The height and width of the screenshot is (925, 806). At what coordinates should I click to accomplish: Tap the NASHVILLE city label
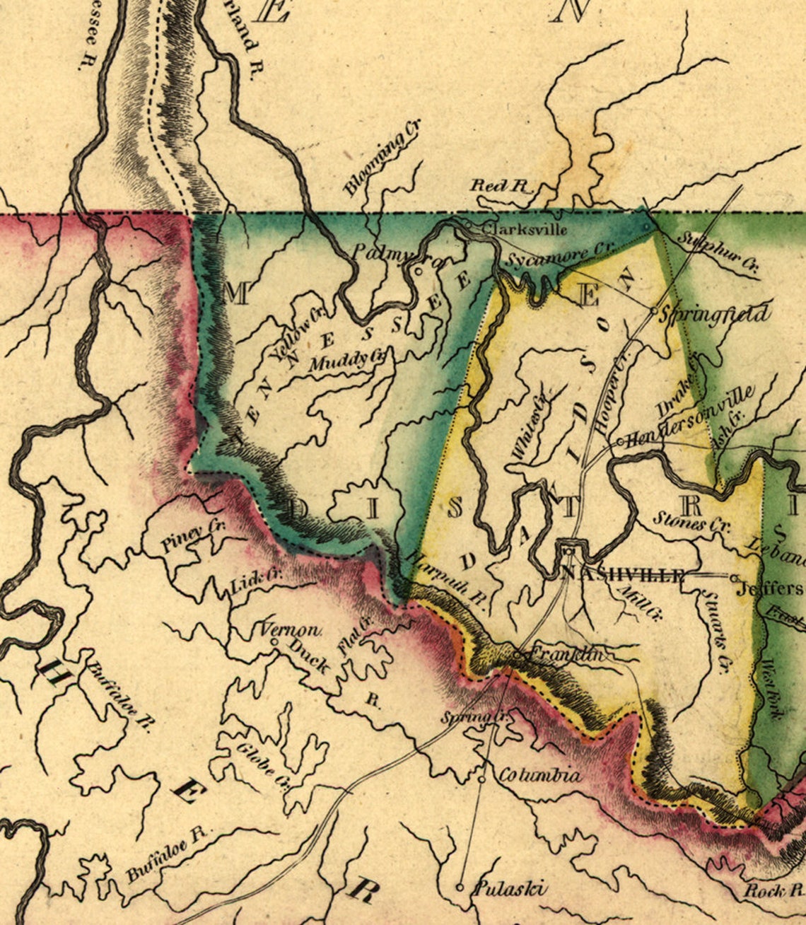coord(622,575)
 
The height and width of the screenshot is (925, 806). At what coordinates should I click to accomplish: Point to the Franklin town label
coord(566,654)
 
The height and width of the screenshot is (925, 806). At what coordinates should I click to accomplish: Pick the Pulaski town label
coord(509,888)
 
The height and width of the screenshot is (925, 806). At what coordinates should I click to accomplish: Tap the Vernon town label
coord(291,629)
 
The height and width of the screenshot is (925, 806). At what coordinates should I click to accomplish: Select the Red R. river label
coord(501,186)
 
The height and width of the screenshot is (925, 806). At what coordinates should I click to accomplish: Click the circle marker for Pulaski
coord(460,887)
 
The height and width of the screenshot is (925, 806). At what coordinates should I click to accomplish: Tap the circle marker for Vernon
coord(275,642)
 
